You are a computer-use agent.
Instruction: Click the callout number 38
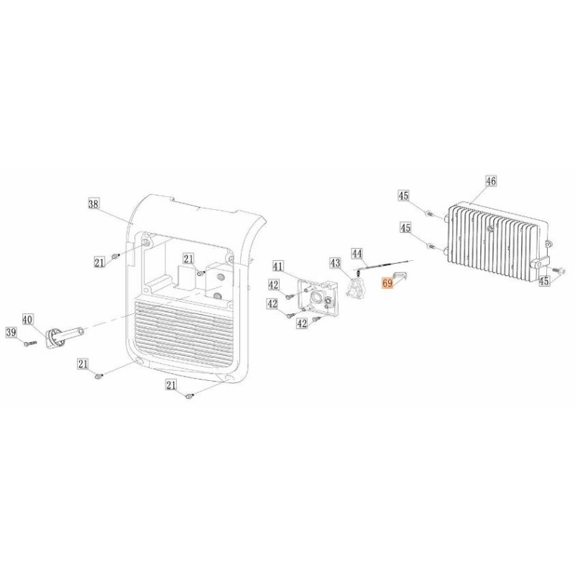(x=93, y=204)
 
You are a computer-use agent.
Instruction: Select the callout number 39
(x=11, y=332)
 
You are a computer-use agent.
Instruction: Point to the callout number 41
(x=278, y=267)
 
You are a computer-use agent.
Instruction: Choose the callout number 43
(x=335, y=262)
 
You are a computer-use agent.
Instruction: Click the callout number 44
(x=357, y=253)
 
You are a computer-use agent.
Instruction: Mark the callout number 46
(x=491, y=182)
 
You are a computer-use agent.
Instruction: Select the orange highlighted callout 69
(x=388, y=284)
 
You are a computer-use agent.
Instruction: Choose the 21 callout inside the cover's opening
(x=189, y=259)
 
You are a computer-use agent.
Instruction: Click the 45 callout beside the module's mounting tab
(x=544, y=281)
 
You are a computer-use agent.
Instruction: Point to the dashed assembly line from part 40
(x=108, y=326)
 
